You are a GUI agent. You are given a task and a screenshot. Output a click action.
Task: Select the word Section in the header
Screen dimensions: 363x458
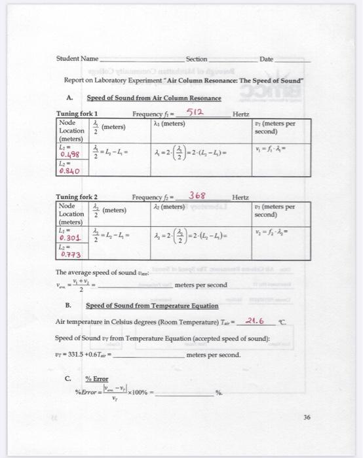click(x=196, y=59)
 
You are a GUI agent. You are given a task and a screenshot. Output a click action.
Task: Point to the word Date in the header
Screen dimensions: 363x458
click(x=267, y=59)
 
